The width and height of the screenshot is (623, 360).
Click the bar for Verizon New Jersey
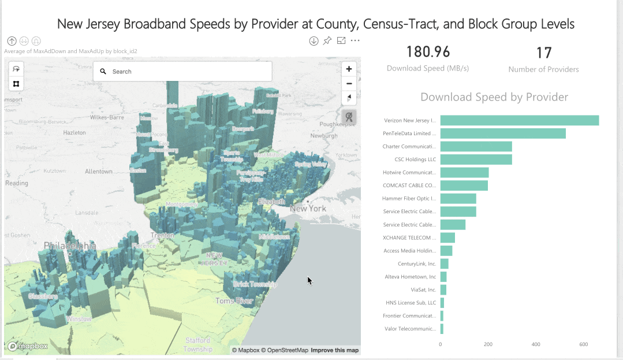[x=519, y=120]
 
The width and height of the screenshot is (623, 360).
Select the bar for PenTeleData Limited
[x=503, y=133]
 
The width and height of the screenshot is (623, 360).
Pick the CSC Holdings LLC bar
[x=476, y=159]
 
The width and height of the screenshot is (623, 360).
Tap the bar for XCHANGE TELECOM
[x=447, y=237]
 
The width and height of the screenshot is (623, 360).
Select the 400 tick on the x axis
[x=536, y=344]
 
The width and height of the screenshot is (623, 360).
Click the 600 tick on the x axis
[x=584, y=344]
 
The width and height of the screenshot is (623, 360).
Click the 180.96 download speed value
[x=428, y=52]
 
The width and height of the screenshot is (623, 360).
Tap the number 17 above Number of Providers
[x=544, y=53]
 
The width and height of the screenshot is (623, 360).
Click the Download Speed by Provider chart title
[x=494, y=97]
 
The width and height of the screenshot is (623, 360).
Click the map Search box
[x=182, y=72]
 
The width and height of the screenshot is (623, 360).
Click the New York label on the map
[x=308, y=208]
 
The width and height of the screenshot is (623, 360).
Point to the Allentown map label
[x=98, y=172]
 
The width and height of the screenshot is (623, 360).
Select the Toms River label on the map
[x=234, y=301]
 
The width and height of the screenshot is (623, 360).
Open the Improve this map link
[x=335, y=350]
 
